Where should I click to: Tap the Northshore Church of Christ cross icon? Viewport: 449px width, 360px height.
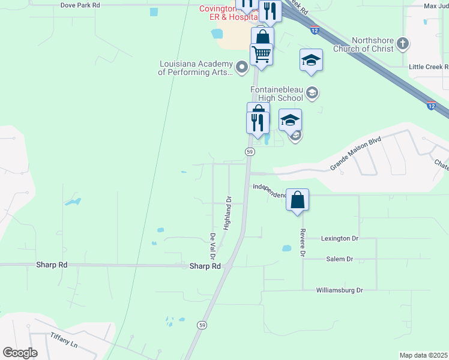[403, 44]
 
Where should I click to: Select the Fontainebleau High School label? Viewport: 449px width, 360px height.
[277, 94]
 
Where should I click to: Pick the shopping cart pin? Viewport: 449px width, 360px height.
[261, 55]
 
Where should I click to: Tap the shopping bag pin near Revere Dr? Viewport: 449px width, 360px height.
[298, 200]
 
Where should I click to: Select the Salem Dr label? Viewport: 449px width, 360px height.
[340, 259]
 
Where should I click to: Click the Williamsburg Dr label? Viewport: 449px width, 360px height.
[340, 290]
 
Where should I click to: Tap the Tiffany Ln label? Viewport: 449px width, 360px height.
[64, 340]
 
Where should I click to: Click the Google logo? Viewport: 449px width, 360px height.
[20, 353]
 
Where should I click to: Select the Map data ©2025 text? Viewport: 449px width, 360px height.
[423, 355]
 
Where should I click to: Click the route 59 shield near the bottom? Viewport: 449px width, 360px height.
[202, 325]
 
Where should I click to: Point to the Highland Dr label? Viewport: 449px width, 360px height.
[228, 213]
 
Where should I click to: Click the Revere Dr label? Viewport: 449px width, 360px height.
[303, 242]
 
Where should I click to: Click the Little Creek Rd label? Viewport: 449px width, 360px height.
[429, 67]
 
